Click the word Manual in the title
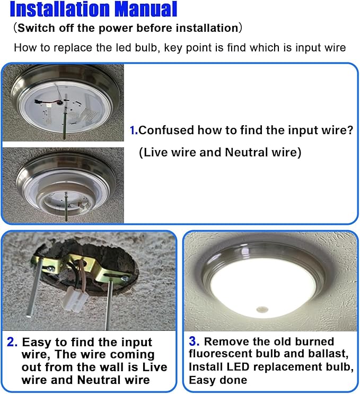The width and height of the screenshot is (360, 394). point(146,9)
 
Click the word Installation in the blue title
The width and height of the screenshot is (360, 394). point(60,9)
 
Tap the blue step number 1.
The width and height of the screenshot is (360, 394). point(133,130)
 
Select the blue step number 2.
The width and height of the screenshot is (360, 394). point(12,342)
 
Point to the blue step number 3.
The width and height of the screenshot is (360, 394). point(194,341)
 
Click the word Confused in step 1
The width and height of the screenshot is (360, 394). point(166,130)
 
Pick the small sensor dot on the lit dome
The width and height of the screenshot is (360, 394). point(262,309)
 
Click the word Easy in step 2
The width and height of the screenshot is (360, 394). point(37,343)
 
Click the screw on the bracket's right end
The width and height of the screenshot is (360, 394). point(125,278)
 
